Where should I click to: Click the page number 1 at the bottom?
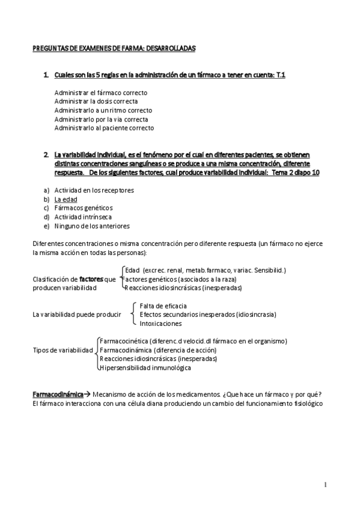click(x=325, y=484)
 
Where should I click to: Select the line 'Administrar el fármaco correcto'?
click(x=100, y=93)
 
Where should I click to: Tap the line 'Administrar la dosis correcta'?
click(x=96, y=102)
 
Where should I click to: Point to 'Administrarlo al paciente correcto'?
click(x=104, y=127)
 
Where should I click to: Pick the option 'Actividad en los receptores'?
click(x=94, y=190)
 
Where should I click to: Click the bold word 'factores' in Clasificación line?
click(x=91, y=280)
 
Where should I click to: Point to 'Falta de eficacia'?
click(x=163, y=306)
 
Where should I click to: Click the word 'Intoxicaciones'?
click(x=160, y=323)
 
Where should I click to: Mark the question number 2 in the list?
click(x=46, y=155)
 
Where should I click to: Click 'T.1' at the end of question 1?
click(x=280, y=75)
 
